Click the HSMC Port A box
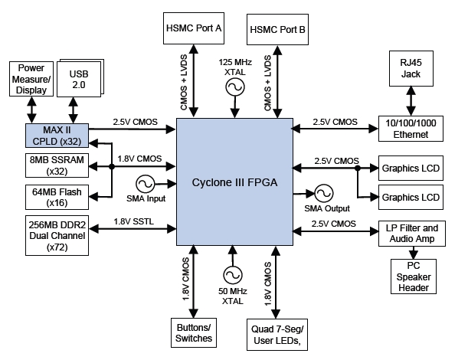(194, 28)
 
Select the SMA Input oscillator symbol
(146, 184)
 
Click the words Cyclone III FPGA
(234, 184)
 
